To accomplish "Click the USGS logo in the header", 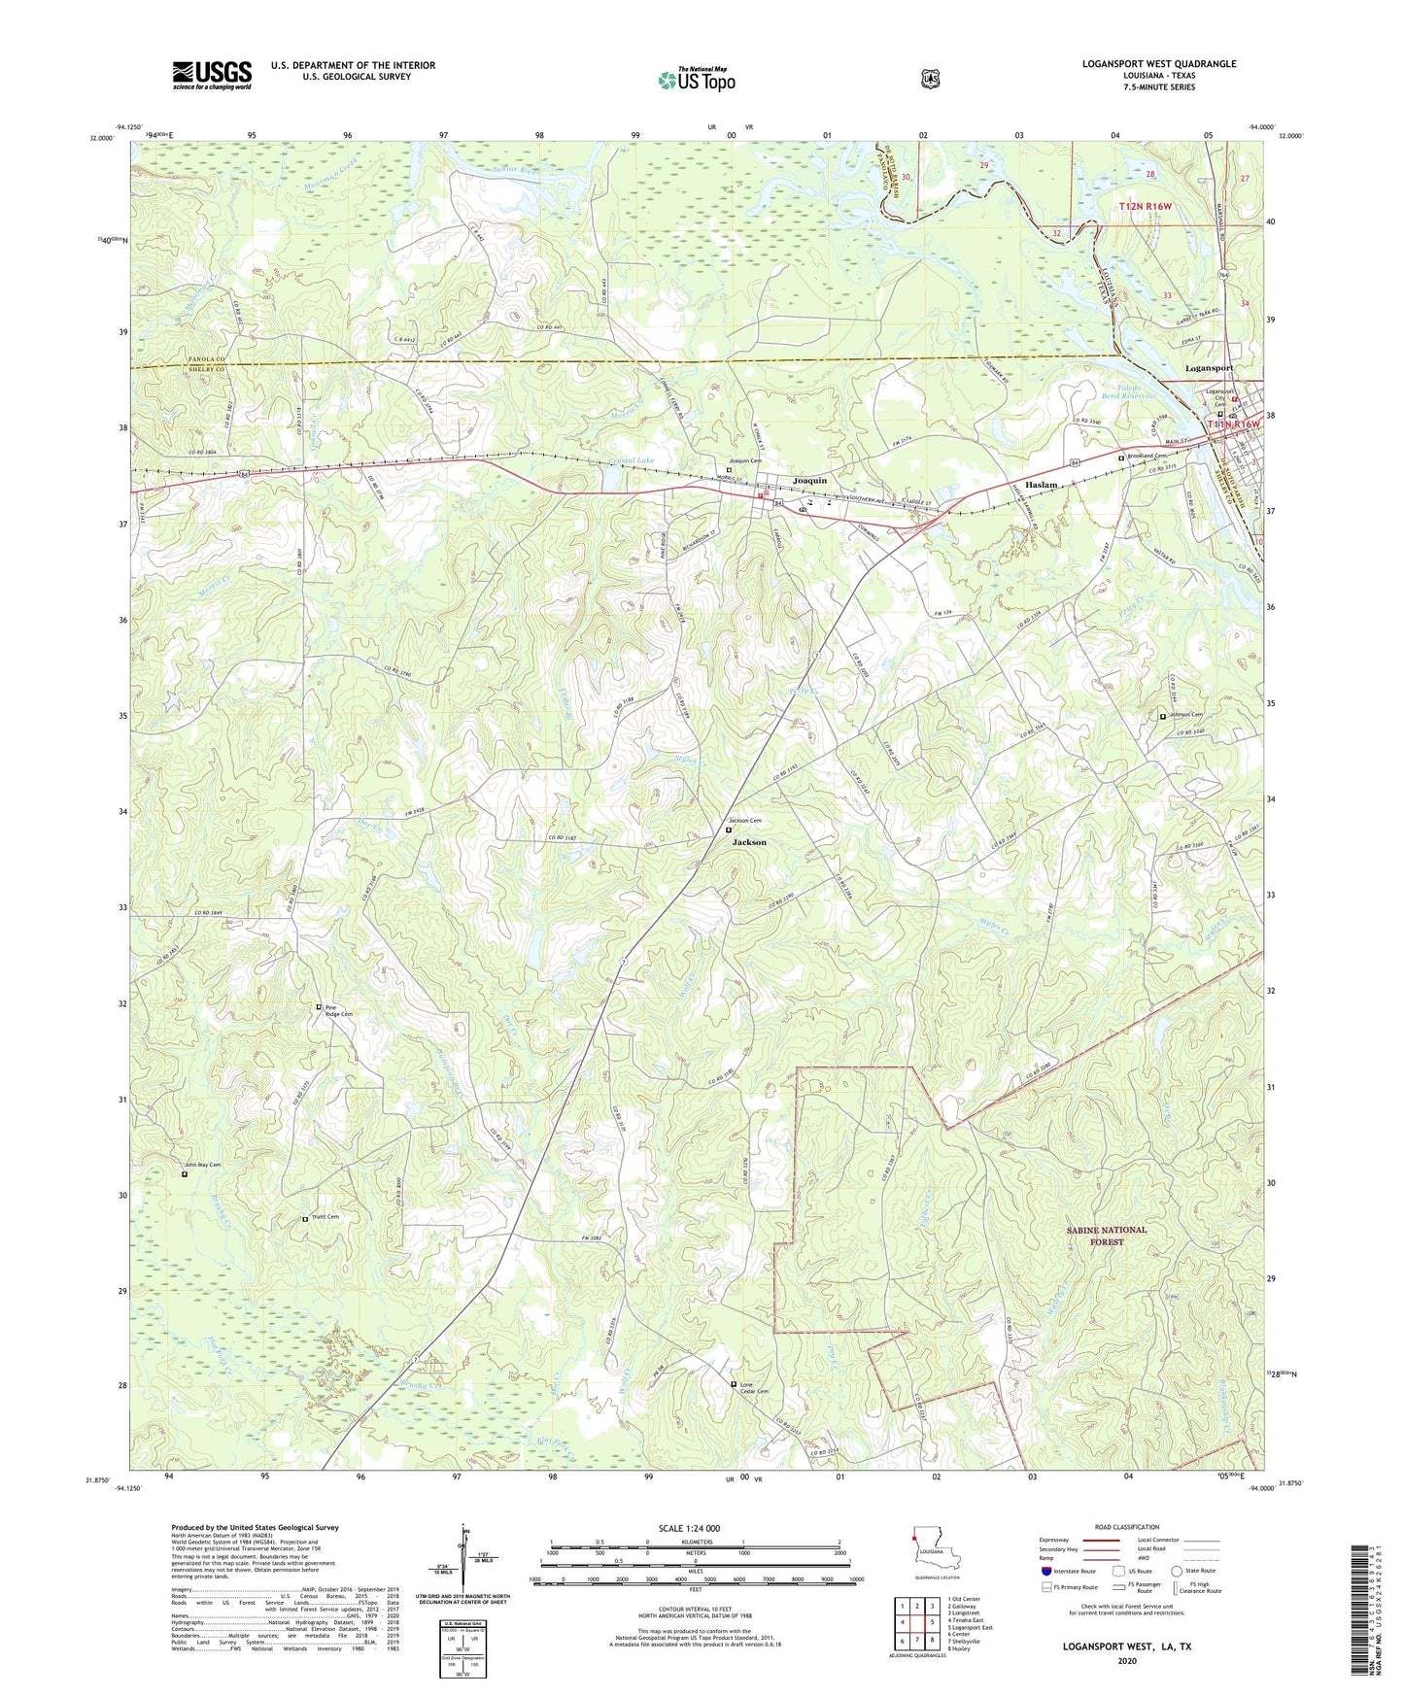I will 212,75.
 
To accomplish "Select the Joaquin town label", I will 809,481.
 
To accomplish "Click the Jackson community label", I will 749,842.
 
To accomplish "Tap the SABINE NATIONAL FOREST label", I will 1106,1236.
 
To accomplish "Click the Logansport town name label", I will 1209,368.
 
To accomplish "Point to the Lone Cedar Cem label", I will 754,1387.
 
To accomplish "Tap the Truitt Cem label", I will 325,1217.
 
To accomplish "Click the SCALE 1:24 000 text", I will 689,1529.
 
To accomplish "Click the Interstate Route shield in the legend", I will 1045,1571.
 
